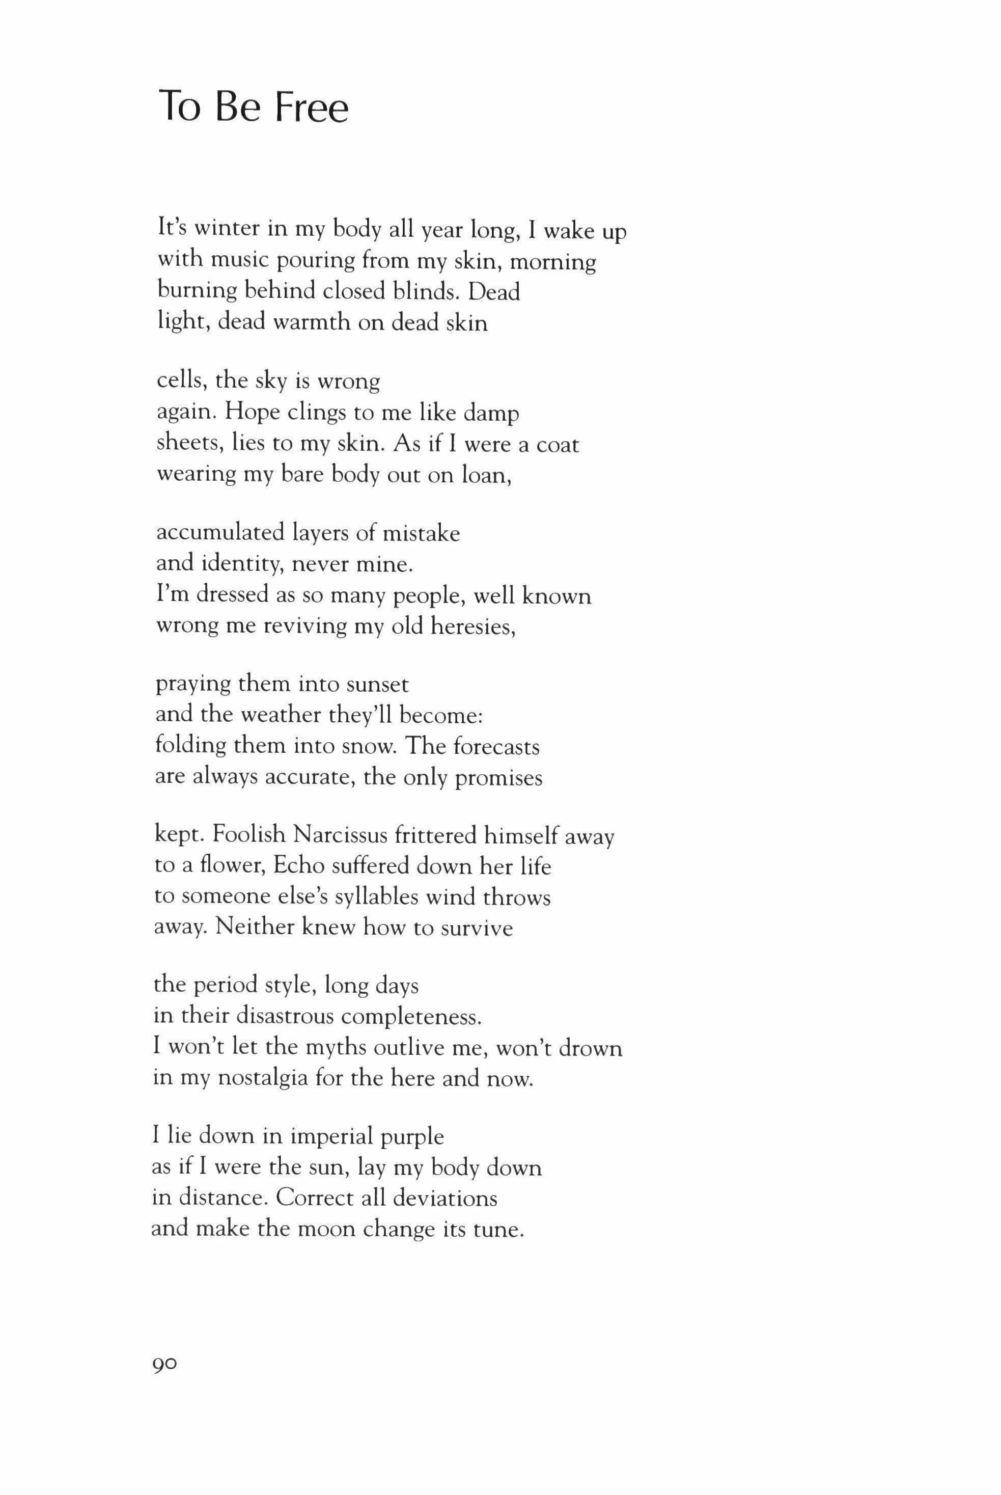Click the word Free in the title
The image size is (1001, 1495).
(x=312, y=107)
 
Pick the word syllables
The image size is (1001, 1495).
(x=371, y=898)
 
